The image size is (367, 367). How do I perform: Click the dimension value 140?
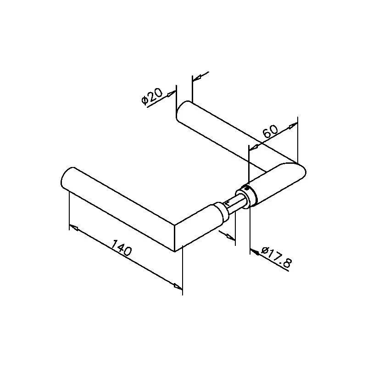click(121, 247)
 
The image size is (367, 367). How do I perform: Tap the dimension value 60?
click(270, 131)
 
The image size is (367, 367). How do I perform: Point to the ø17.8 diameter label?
click(277, 257)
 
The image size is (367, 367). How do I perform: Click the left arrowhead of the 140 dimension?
click(74, 228)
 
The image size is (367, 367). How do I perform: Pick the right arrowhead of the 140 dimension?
click(178, 286)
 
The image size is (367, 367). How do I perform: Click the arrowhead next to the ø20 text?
click(172, 94)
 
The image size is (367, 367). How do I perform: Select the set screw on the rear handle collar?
click(245, 188)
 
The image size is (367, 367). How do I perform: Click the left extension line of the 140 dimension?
click(69, 210)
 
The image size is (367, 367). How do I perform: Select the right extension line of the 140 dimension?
click(182, 271)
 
